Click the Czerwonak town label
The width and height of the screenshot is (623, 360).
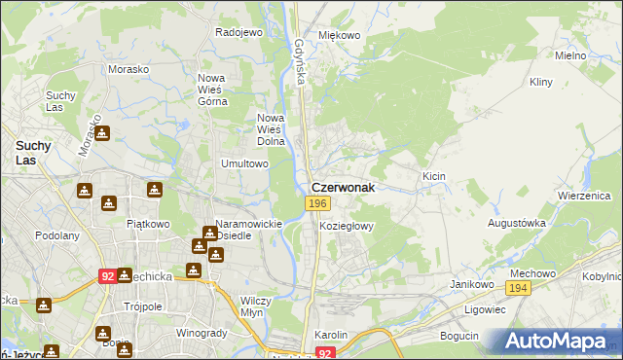click(x=342, y=186)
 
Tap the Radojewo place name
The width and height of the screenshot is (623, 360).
click(x=239, y=32)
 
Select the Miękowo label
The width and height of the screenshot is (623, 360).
click(x=340, y=36)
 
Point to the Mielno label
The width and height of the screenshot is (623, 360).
click(x=570, y=55)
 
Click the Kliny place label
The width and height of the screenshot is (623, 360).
click(x=541, y=83)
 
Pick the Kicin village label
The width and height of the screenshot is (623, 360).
click(x=433, y=176)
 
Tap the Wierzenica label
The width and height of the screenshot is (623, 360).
click(x=583, y=195)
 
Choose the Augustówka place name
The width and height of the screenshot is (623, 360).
click(x=516, y=223)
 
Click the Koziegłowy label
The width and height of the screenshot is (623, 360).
click(x=348, y=225)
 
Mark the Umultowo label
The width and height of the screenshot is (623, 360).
click(x=244, y=164)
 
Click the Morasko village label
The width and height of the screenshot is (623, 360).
click(x=128, y=72)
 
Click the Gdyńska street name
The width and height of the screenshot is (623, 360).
click(x=301, y=62)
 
